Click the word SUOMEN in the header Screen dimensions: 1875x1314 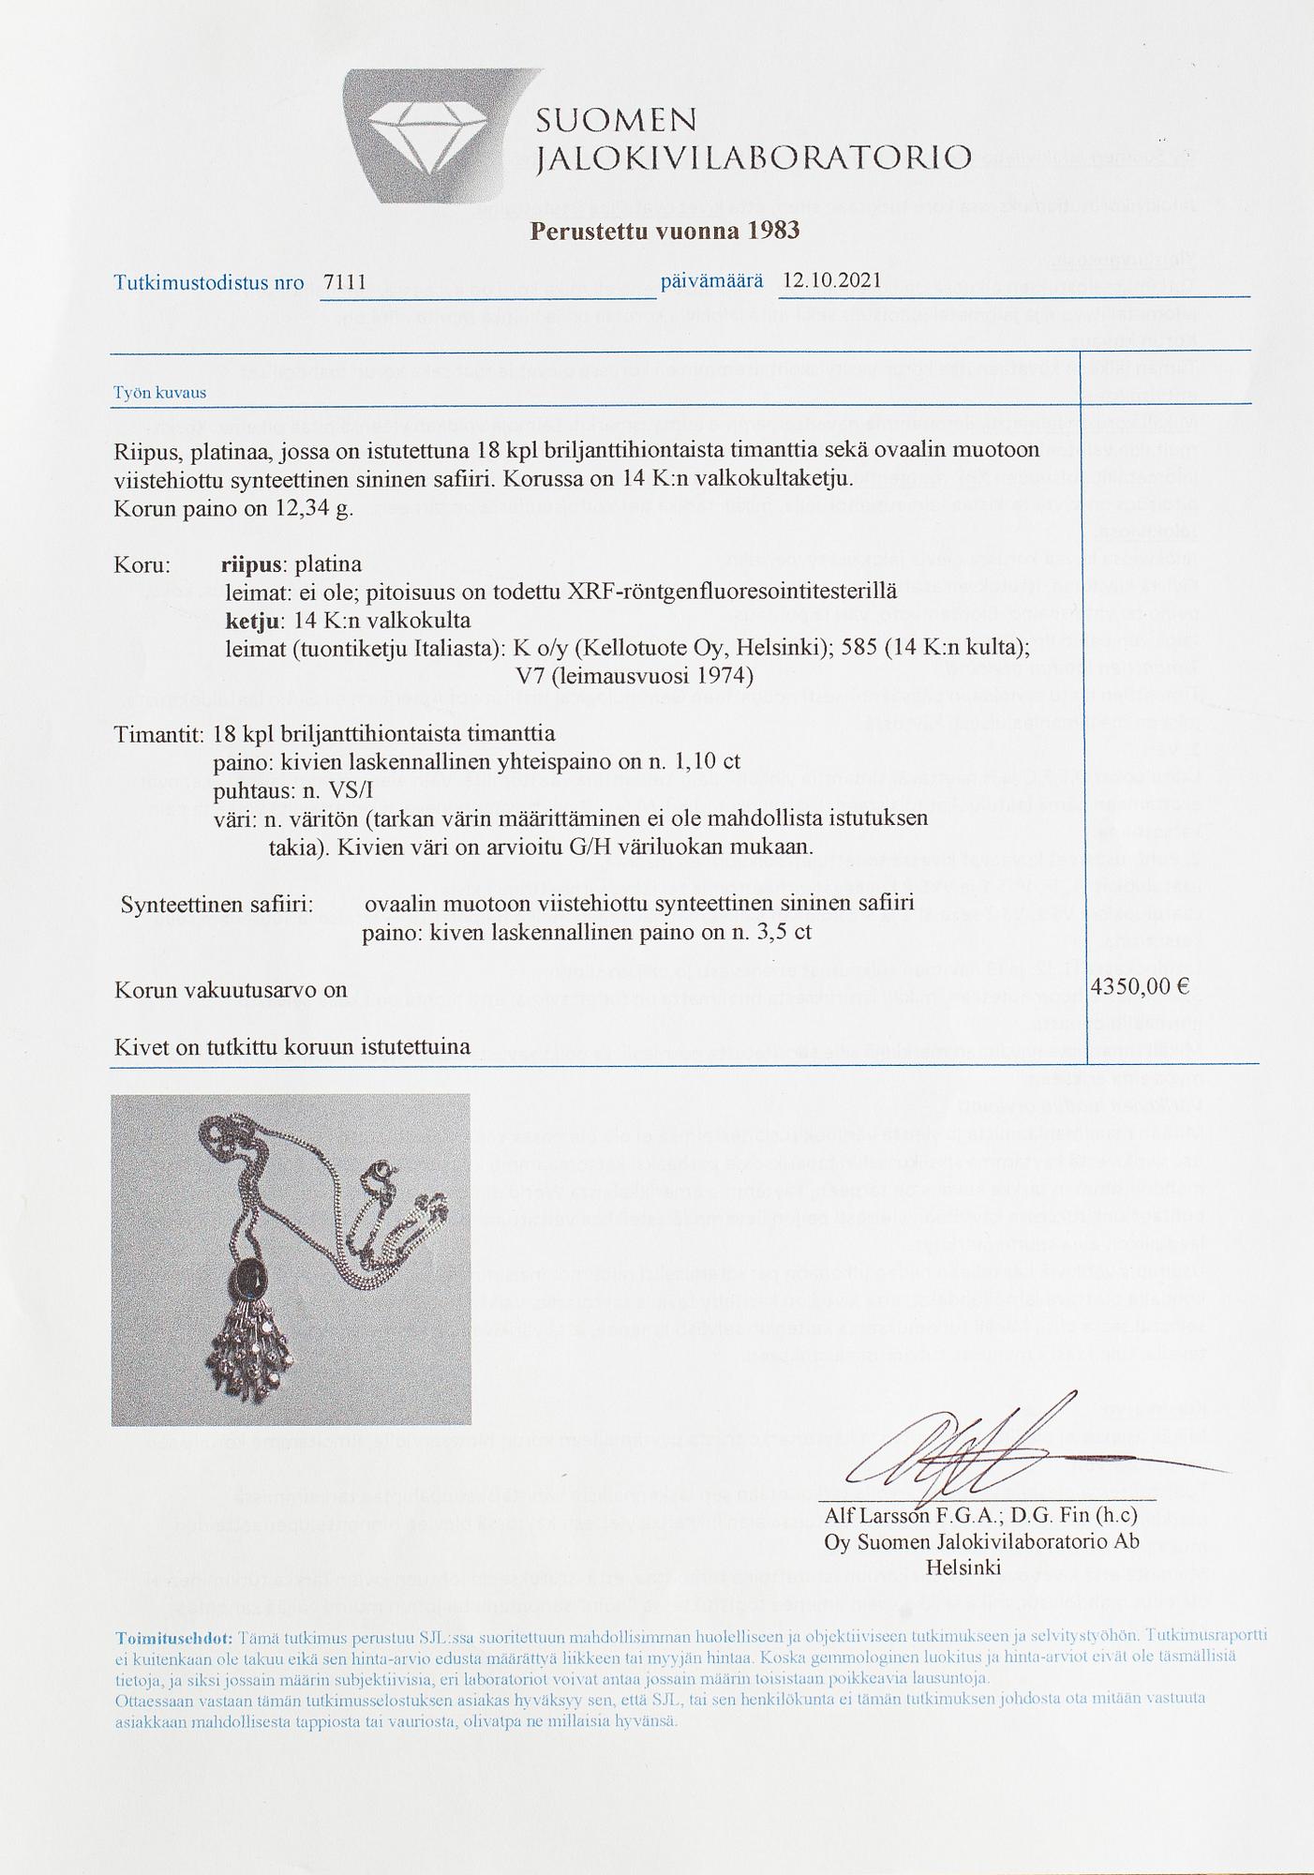617,121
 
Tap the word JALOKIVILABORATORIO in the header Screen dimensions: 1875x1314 753,157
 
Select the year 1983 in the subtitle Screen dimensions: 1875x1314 773,231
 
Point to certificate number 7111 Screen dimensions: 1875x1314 344,282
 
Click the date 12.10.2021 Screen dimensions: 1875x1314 831,280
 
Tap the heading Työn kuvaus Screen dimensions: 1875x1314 159,393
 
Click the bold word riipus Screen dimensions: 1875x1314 252,565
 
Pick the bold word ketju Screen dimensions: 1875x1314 252,621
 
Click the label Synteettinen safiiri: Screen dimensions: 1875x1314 217,906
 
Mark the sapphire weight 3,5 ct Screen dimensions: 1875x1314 777,934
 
